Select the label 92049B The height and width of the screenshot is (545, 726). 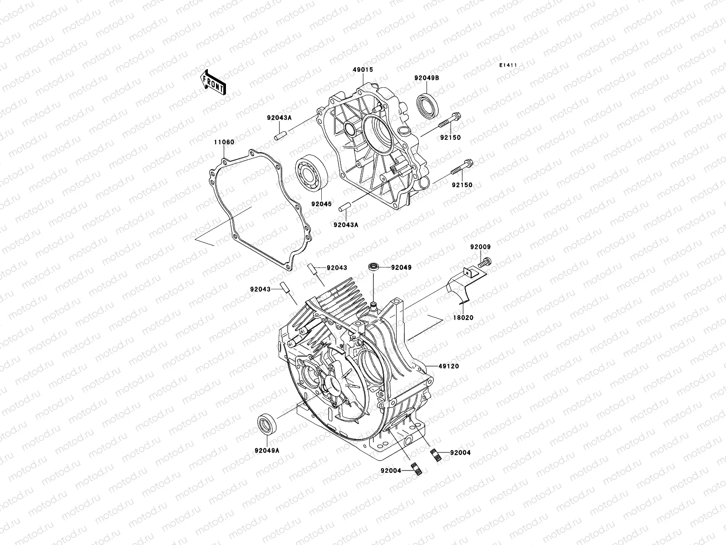426,78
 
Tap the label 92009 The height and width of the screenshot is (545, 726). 480,247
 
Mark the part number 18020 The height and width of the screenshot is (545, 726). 463,318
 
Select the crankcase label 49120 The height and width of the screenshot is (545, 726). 449,366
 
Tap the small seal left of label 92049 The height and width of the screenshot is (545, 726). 374,267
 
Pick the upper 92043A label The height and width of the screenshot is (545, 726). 278,117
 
